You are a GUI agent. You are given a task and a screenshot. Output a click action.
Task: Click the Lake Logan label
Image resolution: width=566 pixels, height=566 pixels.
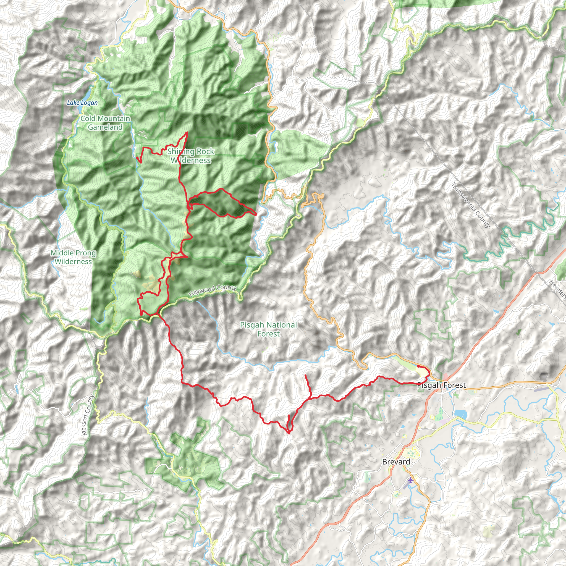[x=82, y=103]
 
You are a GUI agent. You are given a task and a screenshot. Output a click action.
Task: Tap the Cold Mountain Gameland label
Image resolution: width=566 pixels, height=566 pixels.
[x=106, y=123]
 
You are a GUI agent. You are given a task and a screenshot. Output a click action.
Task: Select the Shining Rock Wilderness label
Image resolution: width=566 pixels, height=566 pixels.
[x=191, y=156]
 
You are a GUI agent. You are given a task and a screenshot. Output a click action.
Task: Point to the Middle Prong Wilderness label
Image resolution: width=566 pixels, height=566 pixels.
[x=73, y=257]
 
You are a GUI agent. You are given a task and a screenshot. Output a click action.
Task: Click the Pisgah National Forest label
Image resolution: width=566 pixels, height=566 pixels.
[x=268, y=329]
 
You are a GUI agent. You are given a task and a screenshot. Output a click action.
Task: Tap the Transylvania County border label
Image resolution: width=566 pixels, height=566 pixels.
[x=471, y=205]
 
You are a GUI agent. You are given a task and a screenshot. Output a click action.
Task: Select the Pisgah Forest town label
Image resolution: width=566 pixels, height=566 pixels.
[x=441, y=385]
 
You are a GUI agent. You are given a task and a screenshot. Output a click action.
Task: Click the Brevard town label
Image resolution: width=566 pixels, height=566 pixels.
[x=396, y=462]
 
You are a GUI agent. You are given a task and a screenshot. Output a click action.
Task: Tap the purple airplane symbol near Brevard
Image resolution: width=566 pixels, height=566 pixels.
[x=411, y=480]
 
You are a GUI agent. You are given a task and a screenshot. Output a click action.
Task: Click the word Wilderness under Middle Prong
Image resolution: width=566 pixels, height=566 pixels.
[x=73, y=262]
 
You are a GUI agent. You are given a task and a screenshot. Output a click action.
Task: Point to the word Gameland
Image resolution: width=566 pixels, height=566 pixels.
[x=105, y=127]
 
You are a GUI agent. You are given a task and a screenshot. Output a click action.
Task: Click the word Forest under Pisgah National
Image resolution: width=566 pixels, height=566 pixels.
[x=268, y=334]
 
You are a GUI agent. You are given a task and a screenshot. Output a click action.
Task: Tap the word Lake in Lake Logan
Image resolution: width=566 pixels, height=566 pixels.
[x=72, y=103]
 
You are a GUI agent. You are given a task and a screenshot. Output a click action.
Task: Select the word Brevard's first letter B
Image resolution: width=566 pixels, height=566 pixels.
[x=385, y=462]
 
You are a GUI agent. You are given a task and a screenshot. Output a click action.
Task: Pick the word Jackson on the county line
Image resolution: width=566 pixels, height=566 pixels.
[x=85, y=424]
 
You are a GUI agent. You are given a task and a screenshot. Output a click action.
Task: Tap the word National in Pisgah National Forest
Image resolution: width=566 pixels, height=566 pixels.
[x=278, y=325]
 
